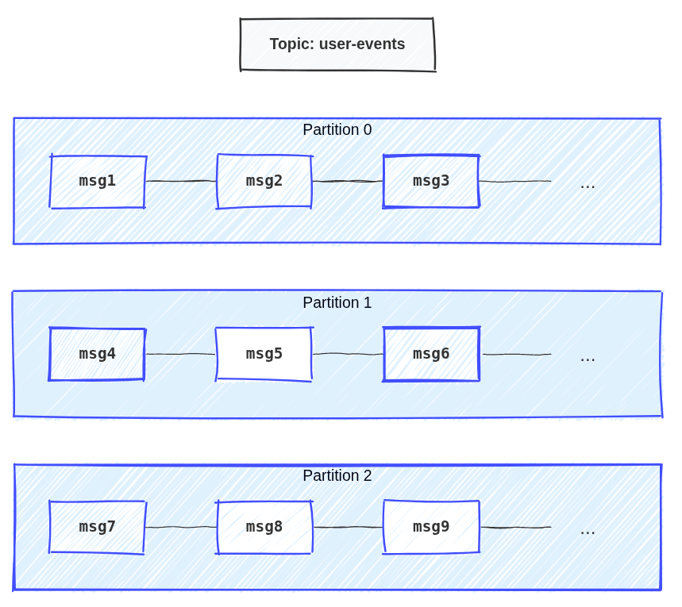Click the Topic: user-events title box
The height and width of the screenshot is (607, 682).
[x=337, y=44]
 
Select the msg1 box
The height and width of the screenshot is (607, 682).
[x=98, y=182]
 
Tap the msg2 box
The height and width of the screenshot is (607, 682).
[x=264, y=182]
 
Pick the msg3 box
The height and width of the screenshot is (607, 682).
[x=431, y=182]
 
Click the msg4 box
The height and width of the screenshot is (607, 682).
[x=98, y=354]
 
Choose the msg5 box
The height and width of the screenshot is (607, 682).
[x=264, y=354]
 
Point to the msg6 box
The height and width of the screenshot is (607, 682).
[x=431, y=354]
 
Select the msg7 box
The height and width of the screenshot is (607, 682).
[x=98, y=527]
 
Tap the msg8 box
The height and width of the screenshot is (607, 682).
[x=264, y=527]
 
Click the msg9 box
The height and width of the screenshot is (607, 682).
[x=431, y=527]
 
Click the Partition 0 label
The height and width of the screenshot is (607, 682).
[x=337, y=130]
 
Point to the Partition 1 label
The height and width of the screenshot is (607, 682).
[x=337, y=303]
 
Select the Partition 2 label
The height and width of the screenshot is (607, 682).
[x=337, y=476]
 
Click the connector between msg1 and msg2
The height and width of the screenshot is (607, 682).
[x=181, y=182]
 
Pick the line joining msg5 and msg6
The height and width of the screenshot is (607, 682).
[x=348, y=354]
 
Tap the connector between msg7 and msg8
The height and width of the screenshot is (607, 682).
[x=181, y=527]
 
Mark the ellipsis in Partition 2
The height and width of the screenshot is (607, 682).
[x=588, y=531]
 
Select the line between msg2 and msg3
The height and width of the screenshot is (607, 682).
[x=348, y=182]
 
